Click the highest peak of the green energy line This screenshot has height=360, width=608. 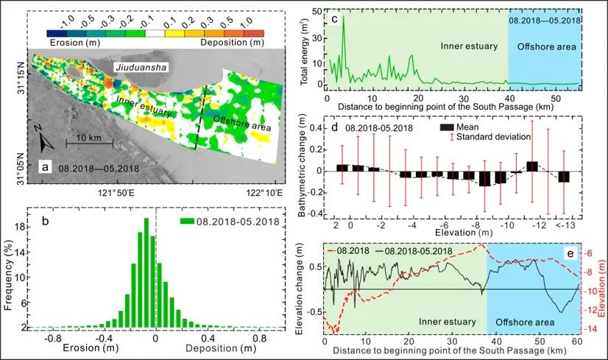click(342, 17)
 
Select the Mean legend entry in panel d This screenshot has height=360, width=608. click(464, 127)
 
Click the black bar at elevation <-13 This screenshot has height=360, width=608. click(563, 176)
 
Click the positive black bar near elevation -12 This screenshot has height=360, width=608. click(532, 166)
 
